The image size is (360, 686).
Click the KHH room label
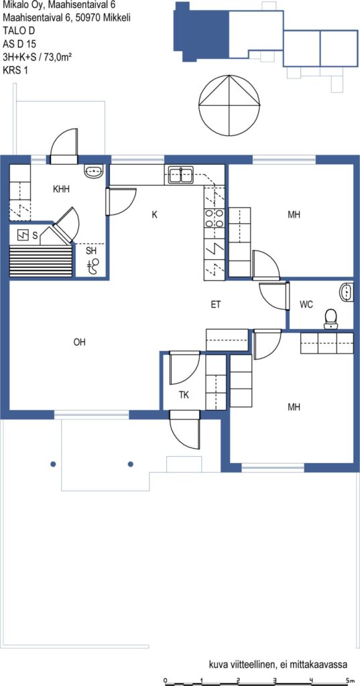click(x=61, y=190)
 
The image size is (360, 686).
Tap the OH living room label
click(x=79, y=342)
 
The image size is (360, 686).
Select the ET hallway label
click(x=215, y=305)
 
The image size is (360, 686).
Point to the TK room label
click(x=184, y=395)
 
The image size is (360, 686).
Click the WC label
click(x=306, y=305)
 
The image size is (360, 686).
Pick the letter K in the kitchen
click(x=154, y=215)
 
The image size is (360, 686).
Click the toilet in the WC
click(x=330, y=320)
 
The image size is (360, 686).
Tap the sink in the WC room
click(x=347, y=293)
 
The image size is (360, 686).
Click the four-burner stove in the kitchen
click(x=215, y=218)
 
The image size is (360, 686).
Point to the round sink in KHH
click(x=93, y=171)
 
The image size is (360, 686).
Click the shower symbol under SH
click(x=93, y=265)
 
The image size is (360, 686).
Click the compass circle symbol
click(x=229, y=105)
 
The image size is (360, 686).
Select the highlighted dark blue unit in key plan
click(x=202, y=31)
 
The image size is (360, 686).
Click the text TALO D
click(x=18, y=31)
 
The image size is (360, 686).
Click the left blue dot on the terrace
click(x=53, y=464)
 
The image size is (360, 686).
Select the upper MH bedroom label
click(x=294, y=215)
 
